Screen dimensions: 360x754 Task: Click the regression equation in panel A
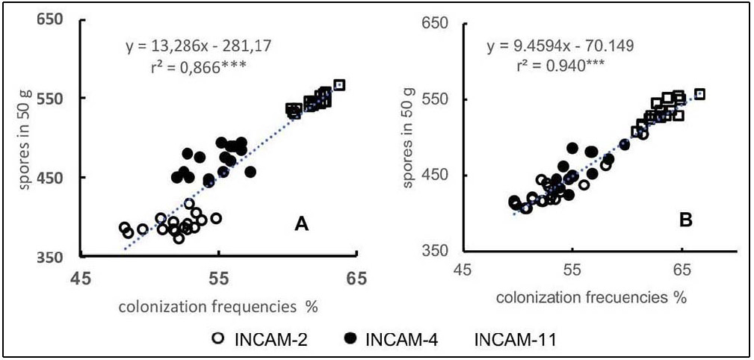199,47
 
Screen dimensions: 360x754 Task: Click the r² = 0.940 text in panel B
560,65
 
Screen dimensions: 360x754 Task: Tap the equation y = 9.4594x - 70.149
560,46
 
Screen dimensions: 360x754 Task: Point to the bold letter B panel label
686,220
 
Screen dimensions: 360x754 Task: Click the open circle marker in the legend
217,340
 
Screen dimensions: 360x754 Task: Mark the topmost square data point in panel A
339,85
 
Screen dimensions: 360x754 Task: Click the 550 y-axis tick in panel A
51,98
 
